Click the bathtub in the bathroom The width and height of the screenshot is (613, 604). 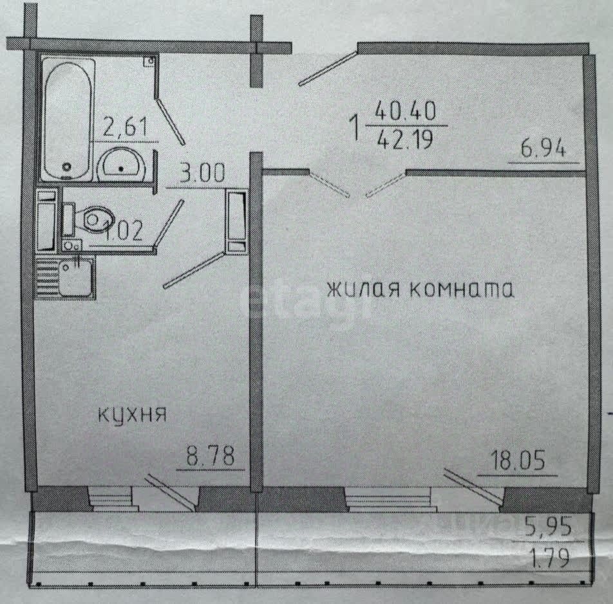pos(68,119)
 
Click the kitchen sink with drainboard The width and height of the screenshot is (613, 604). pos(66,277)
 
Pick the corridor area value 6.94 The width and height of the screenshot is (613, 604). pos(543,150)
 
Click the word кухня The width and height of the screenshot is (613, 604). pos(133,414)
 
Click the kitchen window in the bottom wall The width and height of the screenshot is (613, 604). pos(113,499)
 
